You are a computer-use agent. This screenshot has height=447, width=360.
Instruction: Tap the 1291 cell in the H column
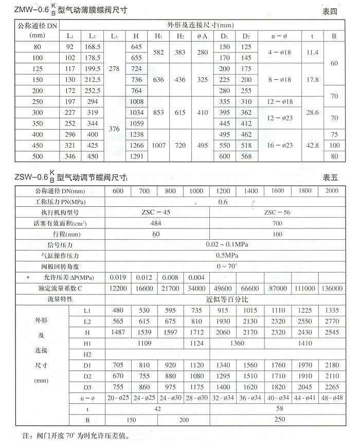point(136,156)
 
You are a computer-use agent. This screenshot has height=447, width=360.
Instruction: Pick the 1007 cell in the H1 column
point(159,146)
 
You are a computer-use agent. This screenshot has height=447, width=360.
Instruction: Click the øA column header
point(202,36)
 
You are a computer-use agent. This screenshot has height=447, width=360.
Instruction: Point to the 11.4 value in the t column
point(312,52)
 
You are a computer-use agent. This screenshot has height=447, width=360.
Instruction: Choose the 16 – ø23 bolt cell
point(280,146)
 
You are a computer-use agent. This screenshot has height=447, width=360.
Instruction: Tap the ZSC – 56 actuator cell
point(277,212)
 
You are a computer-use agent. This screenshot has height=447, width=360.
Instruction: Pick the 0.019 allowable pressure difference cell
point(118,278)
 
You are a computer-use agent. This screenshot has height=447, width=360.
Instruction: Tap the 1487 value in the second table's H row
point(118,332)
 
